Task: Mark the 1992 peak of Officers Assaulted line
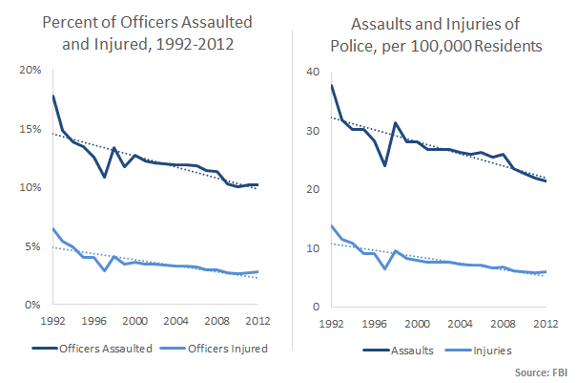click(53, 96)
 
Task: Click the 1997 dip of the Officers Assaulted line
click(105, 177)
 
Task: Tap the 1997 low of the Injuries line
click(384, 268)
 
